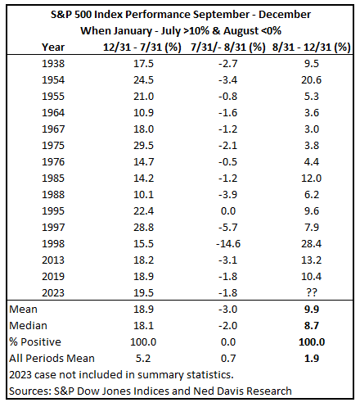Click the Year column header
pyautogui.click(x=53, y=47)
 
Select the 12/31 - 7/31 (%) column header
pyautogui.click(x=142, y=47)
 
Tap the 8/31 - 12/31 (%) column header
pyautogui.click(x=311, y=47)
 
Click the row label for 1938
pyautogui.click(x=53, y=64)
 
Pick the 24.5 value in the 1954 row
pyautogui.click(x=143, y=80)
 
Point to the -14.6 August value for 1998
pyautogui.click(x=228, y=244)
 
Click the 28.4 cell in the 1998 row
pyautogui.click(x=311, y=244)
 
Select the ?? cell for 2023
pyautogui.click(x=312, y=292)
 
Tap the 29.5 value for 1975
pyautogui.click(x=143, y=146)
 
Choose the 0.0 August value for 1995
pyautogui.click(x=228, y=211)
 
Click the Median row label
pyautogui.click(x=28, y=326)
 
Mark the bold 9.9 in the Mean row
pyautogui.click(x=312, y=310)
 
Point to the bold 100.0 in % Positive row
pyautogui.click(x=312, y=342)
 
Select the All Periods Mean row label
pyautogui.click(x=52, y=359)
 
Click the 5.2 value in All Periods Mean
pyautogui.click(x=143, y=359)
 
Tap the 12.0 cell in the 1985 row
pyautogui.click(x=311, y=179)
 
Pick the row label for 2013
pyautogui.click(x=53, y=260)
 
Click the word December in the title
pyautogui.click(x=285, y=15)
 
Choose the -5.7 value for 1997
pyautogui.click(x=228, y=228)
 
